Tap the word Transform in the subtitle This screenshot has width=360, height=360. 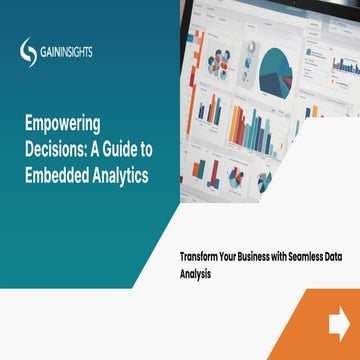tap(191, 255)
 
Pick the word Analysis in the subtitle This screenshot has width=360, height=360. tap(184, 270)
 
